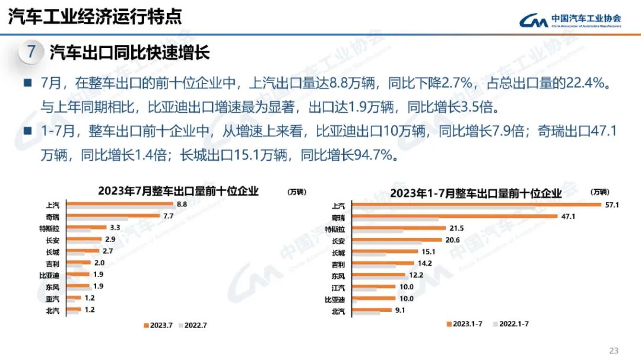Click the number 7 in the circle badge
31,52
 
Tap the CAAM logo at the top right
570,21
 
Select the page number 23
614,350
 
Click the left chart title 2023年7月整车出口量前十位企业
178,191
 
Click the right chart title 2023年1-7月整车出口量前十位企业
475,193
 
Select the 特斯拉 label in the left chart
49,228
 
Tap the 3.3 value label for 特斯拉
116,228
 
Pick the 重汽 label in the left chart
52,298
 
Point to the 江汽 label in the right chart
338,287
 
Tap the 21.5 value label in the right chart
456,228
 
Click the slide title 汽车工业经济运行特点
95,17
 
